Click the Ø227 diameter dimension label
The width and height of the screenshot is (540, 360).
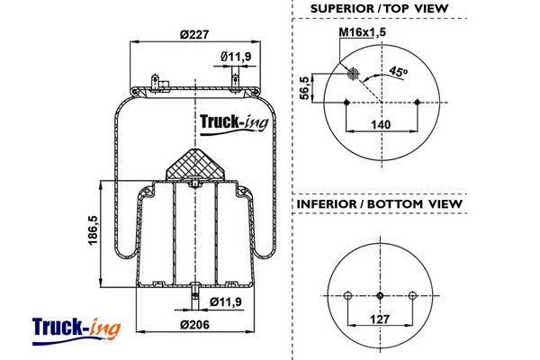point(193,34)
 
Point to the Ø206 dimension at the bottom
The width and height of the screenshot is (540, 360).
point(193,324)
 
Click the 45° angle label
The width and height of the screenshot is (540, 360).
point(398,72)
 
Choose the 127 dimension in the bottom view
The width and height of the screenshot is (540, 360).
point(381,319)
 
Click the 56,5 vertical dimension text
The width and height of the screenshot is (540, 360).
point(305,88)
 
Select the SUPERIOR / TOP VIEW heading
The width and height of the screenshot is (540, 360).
point(379,9)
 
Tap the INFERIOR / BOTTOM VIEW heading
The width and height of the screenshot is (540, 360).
point(379,204)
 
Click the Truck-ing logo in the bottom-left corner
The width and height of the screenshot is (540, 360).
point(76,327)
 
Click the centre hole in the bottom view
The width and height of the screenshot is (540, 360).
point(381,296)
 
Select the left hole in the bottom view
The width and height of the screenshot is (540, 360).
point(348,296)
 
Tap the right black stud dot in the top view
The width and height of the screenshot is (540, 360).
point(420,103)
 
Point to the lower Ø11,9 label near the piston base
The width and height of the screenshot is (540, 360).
point(226,301)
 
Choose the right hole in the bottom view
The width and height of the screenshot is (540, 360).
point(413,296)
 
